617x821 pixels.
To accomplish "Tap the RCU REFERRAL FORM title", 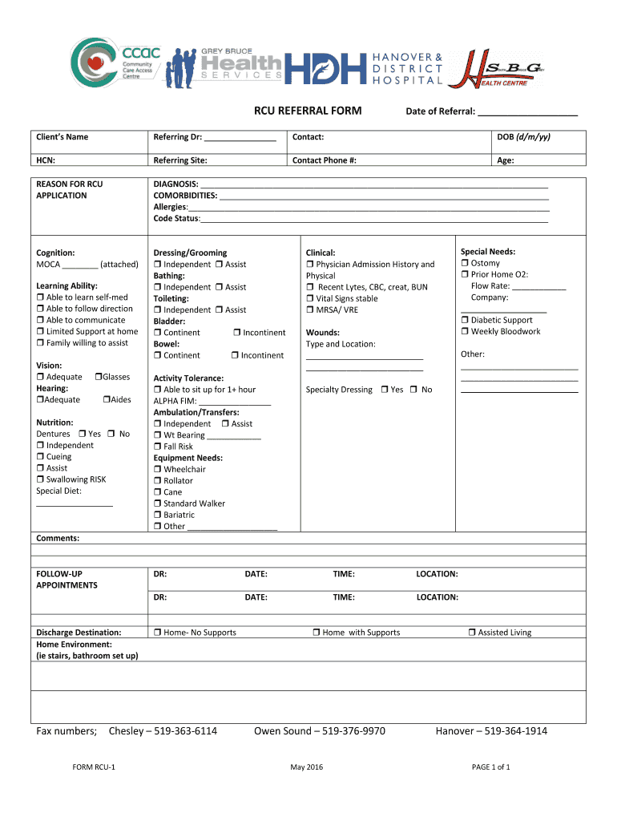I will coord(308,111).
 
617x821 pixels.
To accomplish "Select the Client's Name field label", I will coord(63,137).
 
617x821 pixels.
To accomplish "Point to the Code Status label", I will coord(176,219).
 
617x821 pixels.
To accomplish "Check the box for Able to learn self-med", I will coord(41,297).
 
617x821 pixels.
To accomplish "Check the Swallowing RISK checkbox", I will coord(41,479).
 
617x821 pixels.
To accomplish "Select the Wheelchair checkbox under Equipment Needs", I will coord(158,470).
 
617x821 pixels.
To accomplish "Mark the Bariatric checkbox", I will coord(158,515).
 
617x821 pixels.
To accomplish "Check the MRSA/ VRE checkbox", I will coord(310,309).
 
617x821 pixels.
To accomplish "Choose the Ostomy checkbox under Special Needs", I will coord(465,263).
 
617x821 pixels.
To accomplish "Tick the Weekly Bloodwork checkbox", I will coord(465,332).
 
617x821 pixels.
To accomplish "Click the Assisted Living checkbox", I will coord(472,633).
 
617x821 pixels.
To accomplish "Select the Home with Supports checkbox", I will coord(317,633).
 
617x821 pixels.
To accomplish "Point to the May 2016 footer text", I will coord(307,767).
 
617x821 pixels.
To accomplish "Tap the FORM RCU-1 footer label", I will coord(94,767).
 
